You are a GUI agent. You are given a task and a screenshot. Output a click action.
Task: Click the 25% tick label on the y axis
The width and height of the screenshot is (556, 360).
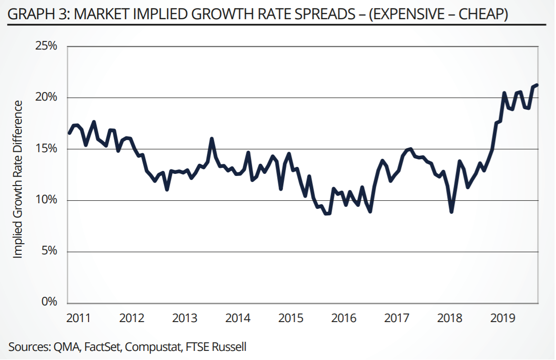coord(47,46)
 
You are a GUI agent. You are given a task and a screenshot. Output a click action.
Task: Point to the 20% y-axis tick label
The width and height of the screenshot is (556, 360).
coord(47,98)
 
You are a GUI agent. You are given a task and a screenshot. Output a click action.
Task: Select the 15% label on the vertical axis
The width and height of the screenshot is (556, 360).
coord(47,149)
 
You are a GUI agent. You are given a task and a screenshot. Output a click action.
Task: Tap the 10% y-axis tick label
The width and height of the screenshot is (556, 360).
coord(47,200)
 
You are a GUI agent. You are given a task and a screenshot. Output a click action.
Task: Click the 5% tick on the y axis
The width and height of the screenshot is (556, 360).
coord(50,251)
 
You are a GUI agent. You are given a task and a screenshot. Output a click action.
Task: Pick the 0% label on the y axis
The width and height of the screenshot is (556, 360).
coord(50,302)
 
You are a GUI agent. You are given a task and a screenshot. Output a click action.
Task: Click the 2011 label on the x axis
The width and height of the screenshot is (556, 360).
coord(78,318)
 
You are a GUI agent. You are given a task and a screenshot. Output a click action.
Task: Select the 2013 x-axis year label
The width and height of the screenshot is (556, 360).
coord(185,318)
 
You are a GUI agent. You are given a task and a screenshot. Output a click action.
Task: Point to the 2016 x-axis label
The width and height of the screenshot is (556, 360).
coord(344,318)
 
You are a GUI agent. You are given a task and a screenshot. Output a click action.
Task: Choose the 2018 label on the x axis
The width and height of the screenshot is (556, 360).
coord(449,318)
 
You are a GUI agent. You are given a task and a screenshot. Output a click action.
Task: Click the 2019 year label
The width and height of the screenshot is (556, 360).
coord(502,318)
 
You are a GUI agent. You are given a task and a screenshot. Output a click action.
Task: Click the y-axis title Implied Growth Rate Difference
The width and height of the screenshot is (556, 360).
coord(18,179)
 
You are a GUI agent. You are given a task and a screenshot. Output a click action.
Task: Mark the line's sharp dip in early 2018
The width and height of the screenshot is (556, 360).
coord(451,212)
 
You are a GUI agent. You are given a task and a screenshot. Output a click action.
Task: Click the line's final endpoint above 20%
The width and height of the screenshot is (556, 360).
coord(537,85)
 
